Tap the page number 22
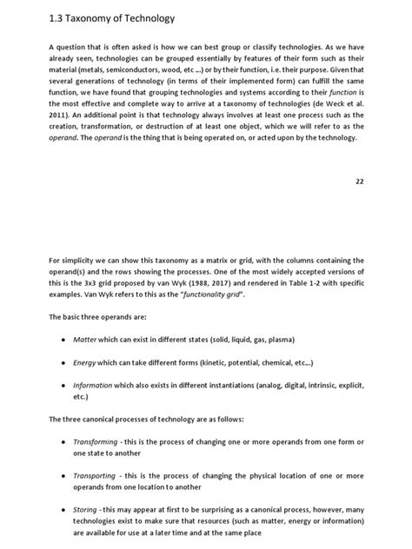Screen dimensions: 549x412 [361, 182]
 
